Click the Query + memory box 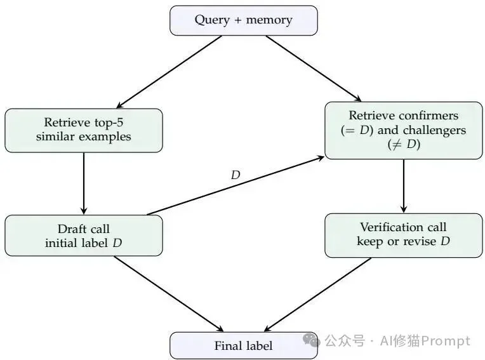click(243, 20)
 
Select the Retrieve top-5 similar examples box click(84, 130)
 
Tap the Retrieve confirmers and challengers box click(403, 130)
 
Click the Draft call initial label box click(84, 236)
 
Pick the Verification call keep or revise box click(403, 235)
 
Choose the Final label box click(243, 345)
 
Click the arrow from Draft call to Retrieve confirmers click(236, 186)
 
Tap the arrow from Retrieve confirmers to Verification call click(403, 185)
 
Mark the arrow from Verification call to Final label click(317, 295)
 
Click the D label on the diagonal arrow click(236, 175)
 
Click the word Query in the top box click(212, 20)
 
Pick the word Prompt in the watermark click(448, 341)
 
